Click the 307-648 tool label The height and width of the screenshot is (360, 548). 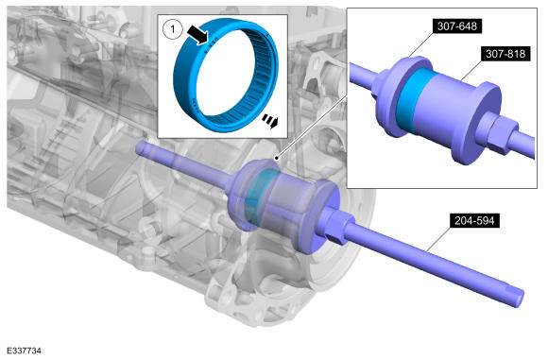(x=457, y=26)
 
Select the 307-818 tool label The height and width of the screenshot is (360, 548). (x=505, y=54)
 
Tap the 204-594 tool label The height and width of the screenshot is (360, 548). (x=474, y=220)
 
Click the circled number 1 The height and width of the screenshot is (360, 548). (x=172, y=29)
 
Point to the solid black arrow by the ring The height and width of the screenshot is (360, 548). (x=197, y=35)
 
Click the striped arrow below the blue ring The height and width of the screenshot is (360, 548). (x=270, y=121)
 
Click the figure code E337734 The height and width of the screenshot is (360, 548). (x=24, y=351)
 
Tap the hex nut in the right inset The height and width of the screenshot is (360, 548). (x=497, y=133)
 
